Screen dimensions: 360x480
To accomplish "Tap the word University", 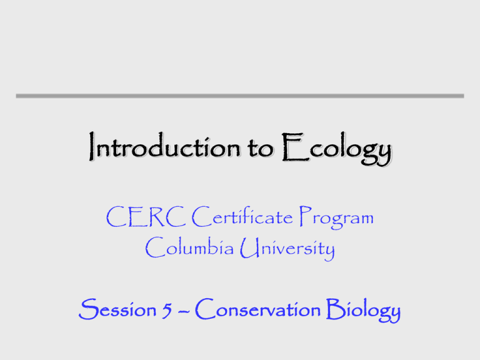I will click(290, 251).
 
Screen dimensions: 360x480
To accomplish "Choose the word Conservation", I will click(264, 308).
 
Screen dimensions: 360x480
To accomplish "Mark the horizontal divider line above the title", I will click(240, 96).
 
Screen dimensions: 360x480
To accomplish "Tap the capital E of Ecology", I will click(289, 150).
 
